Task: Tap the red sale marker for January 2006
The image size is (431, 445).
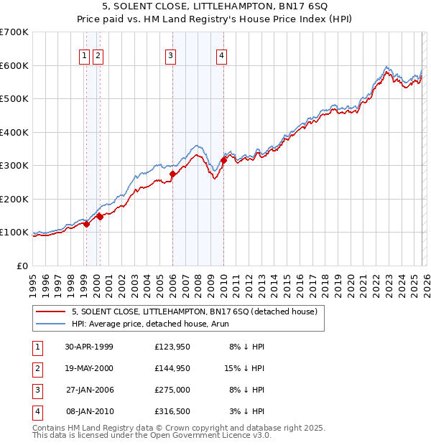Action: [172, 174]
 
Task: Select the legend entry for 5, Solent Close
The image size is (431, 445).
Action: [194, 311]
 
